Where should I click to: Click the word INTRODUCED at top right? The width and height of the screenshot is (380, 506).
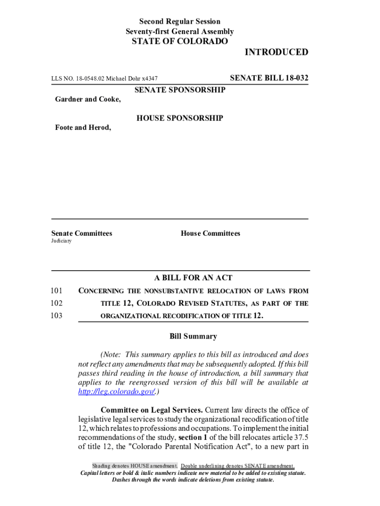(276, 52)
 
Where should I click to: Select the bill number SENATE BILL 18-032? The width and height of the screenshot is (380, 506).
(269, 78)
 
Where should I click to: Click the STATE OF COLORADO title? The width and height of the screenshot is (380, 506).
(180, 42)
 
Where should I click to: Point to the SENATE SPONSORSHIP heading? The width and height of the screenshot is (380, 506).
(180, 90)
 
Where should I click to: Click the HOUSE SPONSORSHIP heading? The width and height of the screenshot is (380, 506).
(180, 118)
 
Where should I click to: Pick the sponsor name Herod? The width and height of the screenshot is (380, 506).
(99, 127)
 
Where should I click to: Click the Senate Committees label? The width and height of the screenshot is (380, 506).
(81, 233)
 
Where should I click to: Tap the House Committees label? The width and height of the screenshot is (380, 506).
(210, 233)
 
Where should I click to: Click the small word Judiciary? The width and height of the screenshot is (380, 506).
(61, 241)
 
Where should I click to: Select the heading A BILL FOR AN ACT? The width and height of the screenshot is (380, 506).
(193, 278)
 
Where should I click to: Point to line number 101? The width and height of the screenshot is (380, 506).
(57, 291)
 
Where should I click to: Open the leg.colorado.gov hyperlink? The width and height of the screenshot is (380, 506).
(117, 391)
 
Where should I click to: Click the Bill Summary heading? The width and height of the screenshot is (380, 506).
(193, 337)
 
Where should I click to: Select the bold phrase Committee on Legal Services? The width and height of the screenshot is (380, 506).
(152, 410)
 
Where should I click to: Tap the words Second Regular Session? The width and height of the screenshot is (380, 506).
(180, 21)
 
